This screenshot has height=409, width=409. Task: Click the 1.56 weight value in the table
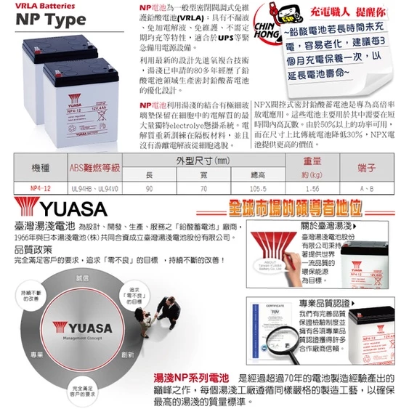(312, 188)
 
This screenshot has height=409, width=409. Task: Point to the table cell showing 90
(149, 188)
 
